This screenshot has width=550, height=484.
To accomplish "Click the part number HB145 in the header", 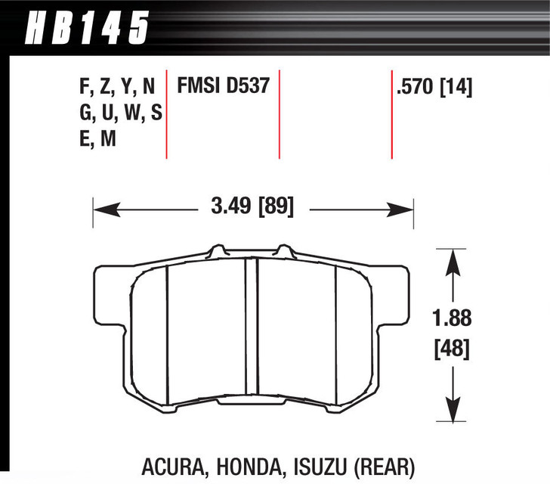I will (x=87, y=28).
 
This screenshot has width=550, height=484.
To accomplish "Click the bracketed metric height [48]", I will (x=452, y=349).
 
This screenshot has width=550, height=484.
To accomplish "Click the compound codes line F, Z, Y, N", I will (x=120, y=87).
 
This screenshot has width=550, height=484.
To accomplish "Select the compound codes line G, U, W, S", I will (x=120, y=113).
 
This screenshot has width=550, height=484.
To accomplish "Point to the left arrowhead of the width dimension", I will (x=99, y=206).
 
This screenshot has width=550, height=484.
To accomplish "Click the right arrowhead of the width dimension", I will (x=407, y=206).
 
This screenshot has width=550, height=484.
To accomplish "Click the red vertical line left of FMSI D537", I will (x=167, y=113).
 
